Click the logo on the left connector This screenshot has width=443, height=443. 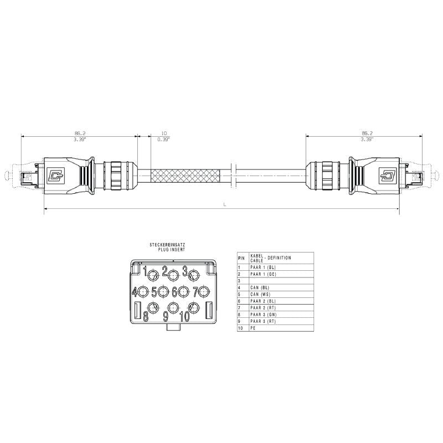coord(55,177)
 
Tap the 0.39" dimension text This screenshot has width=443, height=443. coord(163,140)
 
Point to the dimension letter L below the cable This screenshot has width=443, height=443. coord(224,204)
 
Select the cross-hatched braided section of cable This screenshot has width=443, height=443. coord(186,177)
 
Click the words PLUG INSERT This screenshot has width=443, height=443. coord(171,250)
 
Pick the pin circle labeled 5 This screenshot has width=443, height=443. coord(163,291)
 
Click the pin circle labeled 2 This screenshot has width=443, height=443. coord(173,274)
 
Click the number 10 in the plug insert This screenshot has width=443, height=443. coord(184,316)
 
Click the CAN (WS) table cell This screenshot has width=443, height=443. coord(260,294)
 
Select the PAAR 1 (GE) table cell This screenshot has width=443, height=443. coord(264,274)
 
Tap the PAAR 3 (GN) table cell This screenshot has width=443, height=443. coord(264,315)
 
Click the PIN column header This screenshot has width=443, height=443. coord(241,258)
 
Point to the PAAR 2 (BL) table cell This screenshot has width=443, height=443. coord(264,301)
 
